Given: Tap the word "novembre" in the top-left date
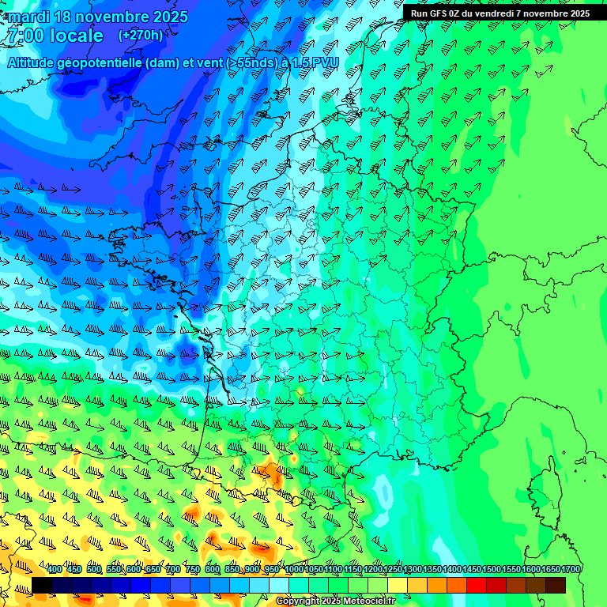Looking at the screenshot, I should click(107, 17).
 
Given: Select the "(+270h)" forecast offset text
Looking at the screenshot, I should click(141, 35).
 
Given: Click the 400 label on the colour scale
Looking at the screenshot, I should click(55, 569).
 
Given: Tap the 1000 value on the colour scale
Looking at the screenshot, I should click(294, 569).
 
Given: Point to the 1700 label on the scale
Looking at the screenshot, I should click(571, 569).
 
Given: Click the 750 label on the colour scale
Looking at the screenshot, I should click(193, 569).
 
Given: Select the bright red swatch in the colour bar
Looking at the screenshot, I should click(477, 585).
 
